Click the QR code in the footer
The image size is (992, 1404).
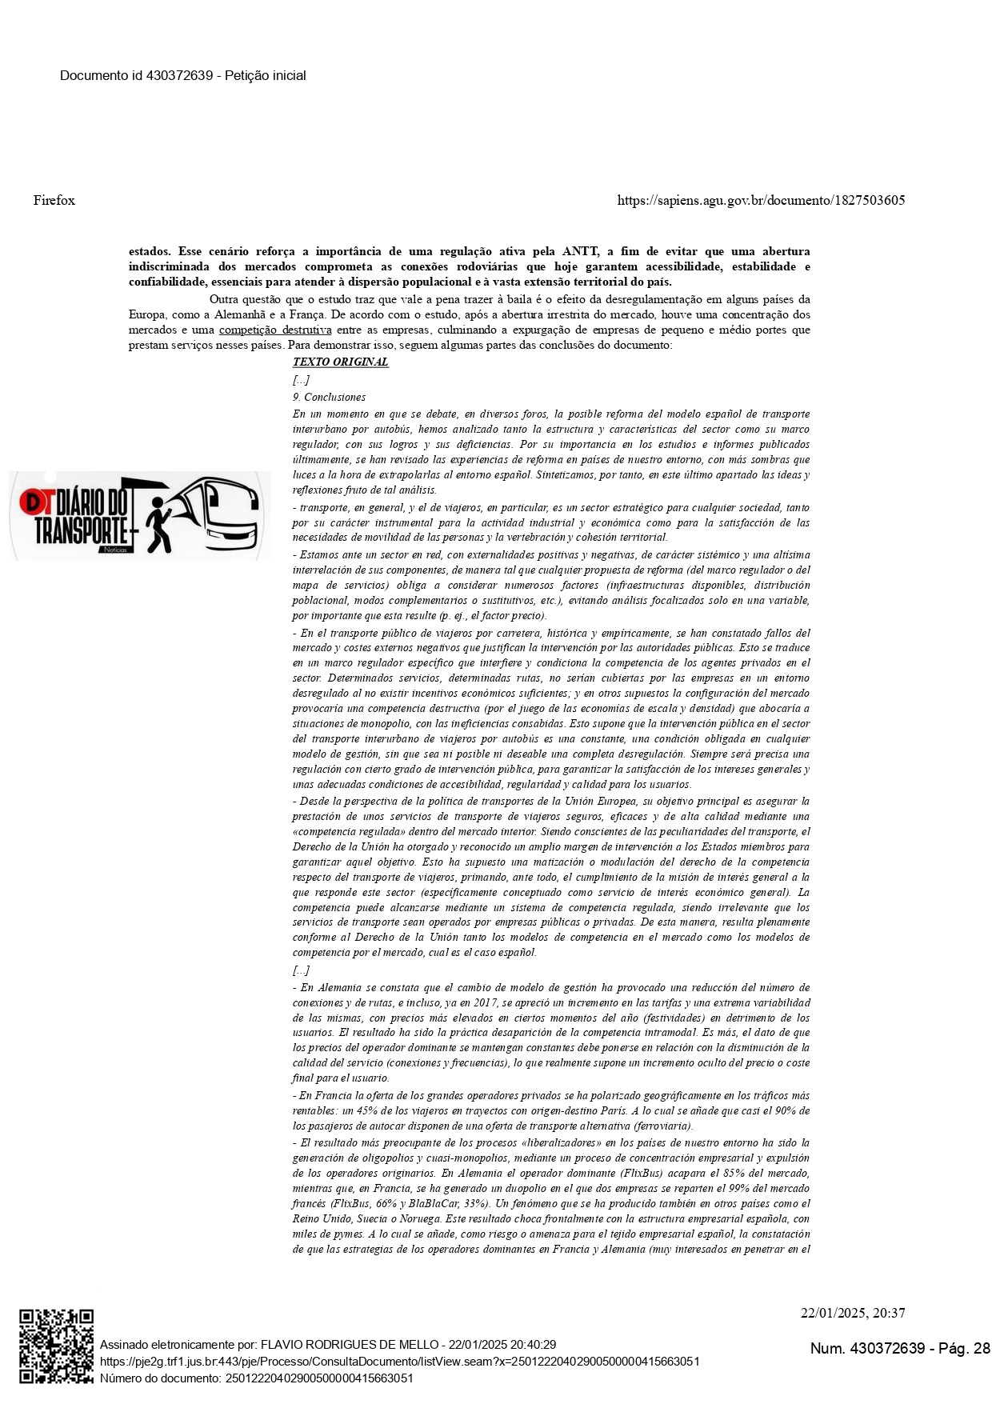point(56,1346)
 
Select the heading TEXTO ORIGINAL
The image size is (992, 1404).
point(340,362)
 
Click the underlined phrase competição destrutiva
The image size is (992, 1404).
point(275,330)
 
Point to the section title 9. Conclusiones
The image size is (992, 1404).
point(329,397)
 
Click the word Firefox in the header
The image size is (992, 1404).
point(54,200)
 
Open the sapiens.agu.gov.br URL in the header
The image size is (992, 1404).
point(761,200)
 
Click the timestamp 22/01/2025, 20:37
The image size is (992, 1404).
point(853,1313)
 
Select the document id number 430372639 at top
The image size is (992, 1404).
point(179,75)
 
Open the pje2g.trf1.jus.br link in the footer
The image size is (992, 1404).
point(399,1361)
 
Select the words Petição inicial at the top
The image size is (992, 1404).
point(266,75)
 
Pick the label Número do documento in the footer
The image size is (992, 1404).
point(160,1378)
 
